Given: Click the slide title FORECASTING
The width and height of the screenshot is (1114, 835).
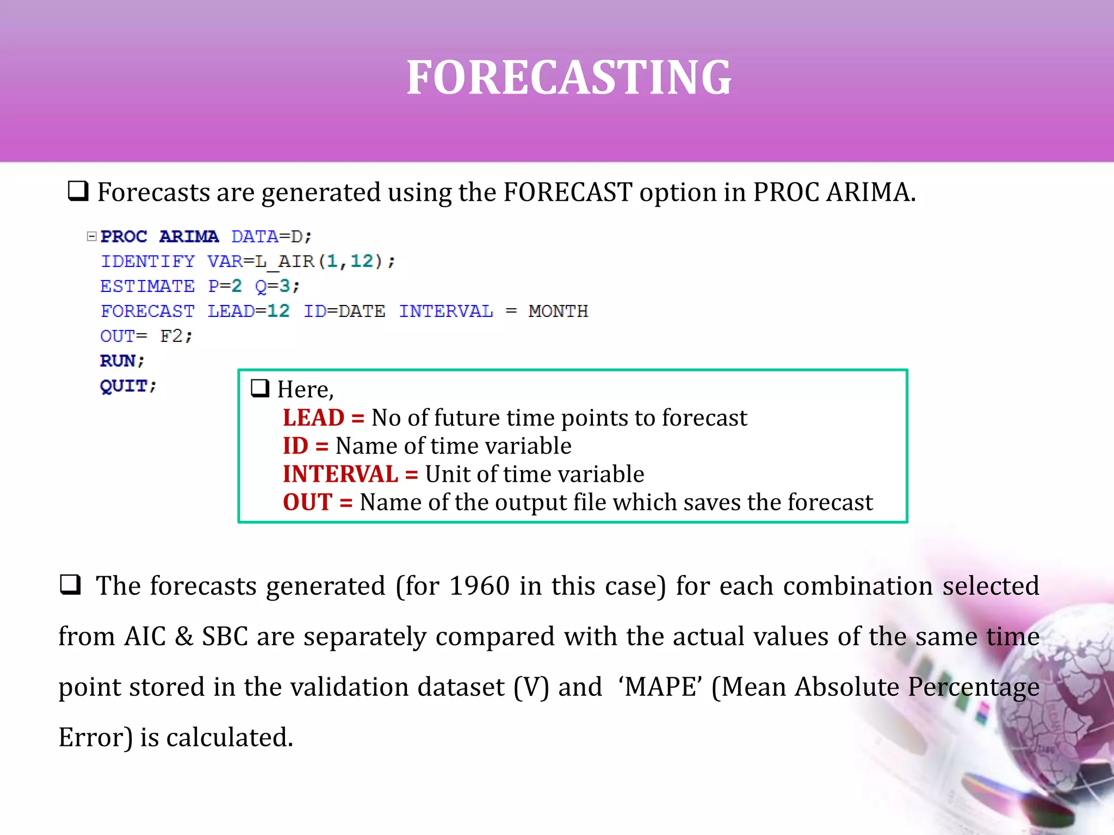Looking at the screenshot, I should coord(569,78).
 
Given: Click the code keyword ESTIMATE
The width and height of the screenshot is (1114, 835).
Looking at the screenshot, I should coord(147,286).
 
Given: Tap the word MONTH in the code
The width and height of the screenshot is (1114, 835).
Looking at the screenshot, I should coord(558,311).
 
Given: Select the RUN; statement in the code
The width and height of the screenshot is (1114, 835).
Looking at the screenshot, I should coord(122,360).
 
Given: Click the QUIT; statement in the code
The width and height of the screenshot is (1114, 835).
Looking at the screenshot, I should coord(128,385).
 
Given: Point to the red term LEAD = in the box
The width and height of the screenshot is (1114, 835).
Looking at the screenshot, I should coord(323,417).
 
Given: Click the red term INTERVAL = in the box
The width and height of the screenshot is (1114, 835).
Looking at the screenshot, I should coord(350,474).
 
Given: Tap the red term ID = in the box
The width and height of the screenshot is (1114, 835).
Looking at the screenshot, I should coord(305,446).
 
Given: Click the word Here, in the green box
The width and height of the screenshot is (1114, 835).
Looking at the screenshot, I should coord(305,389).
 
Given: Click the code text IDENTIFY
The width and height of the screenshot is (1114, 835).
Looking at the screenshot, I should coord(147,261).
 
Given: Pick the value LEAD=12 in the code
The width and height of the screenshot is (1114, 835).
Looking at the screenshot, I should coord(249,311).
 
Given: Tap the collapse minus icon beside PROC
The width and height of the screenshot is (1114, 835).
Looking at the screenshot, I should coord(92,236).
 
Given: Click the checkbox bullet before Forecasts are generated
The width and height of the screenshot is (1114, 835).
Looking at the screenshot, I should coord(78,191).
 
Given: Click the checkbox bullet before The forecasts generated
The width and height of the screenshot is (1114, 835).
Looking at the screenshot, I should coord(70,585).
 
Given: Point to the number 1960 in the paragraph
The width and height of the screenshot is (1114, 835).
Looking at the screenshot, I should coord(479,586).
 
